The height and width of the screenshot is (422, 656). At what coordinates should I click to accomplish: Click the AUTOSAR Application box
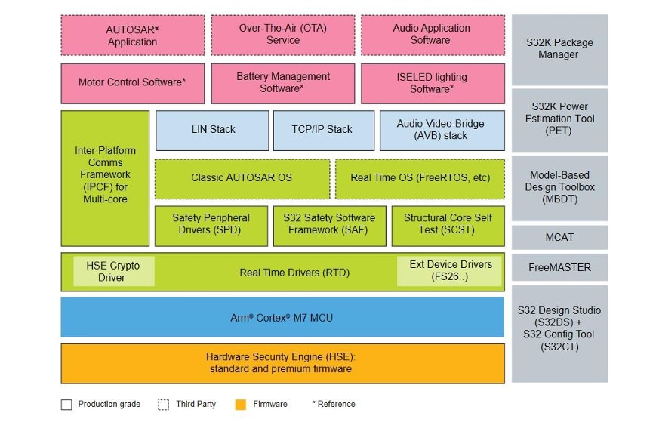[132, 35]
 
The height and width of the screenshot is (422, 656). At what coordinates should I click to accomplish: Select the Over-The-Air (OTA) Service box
[282, 35]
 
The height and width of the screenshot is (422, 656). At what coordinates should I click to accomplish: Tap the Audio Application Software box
[432, 35]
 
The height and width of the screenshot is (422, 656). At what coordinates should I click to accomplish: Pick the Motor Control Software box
[132, 83]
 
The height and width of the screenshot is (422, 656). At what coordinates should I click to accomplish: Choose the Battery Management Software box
[282, 83]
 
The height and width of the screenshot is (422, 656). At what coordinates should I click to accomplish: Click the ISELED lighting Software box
[432, 83]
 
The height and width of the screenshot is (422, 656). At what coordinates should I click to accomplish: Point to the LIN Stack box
[212, 130]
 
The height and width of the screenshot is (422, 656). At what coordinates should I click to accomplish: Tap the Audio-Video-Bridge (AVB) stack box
[441, 130]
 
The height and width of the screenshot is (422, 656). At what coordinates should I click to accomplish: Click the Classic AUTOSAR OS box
[242, 178]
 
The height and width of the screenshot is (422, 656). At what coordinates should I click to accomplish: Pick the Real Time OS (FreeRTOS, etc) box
[420, 178]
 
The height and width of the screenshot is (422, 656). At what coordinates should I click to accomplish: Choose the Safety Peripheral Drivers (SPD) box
[211, 224]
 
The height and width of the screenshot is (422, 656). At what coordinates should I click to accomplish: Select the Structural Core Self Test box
[447, 224]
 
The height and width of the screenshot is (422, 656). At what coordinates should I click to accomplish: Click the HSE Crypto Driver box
[113, 272]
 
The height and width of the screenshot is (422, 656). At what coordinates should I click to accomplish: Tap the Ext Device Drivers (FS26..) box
[450, 271]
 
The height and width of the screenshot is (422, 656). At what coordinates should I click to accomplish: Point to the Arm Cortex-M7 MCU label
[282, 318]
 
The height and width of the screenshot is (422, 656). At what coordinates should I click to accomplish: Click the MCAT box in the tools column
[559, 237]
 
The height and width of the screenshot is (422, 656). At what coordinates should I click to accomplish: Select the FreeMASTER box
[559, 267]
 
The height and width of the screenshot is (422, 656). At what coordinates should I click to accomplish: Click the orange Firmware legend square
[240, 405]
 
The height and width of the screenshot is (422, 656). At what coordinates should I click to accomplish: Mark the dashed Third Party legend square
[164, 405]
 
